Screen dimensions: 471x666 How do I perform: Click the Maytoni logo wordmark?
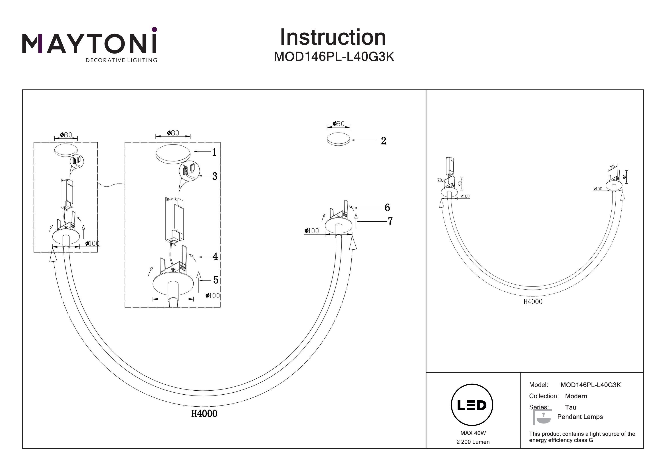(x=89, y=44)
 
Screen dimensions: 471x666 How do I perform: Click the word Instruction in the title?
(x=333, y=38)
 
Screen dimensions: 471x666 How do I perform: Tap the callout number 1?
(x=214, y=152)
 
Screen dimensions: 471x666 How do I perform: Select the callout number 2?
(x=383, y=141)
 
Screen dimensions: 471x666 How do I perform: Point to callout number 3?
(x=215, y=176)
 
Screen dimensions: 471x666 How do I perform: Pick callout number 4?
(x=215, y=256)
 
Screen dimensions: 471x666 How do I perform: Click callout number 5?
(x=216, y=280)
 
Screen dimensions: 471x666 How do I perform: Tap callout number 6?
(x=387, y=207)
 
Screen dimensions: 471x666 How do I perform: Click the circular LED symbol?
(x=472, y=405)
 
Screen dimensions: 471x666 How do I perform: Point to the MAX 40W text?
(x=473, y=433)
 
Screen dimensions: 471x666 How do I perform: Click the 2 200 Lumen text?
(x=473, y=442)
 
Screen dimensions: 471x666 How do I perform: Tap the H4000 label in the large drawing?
(x=204, y=413)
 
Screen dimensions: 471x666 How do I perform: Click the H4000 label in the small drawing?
(x=533, y=302)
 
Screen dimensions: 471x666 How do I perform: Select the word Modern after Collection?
(x=576, y=396)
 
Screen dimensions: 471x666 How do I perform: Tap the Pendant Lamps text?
(x=580, y=417)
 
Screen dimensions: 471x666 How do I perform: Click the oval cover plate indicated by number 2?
(x=338, y=139)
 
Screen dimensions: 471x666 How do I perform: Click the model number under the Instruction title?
(x=334, y=57)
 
